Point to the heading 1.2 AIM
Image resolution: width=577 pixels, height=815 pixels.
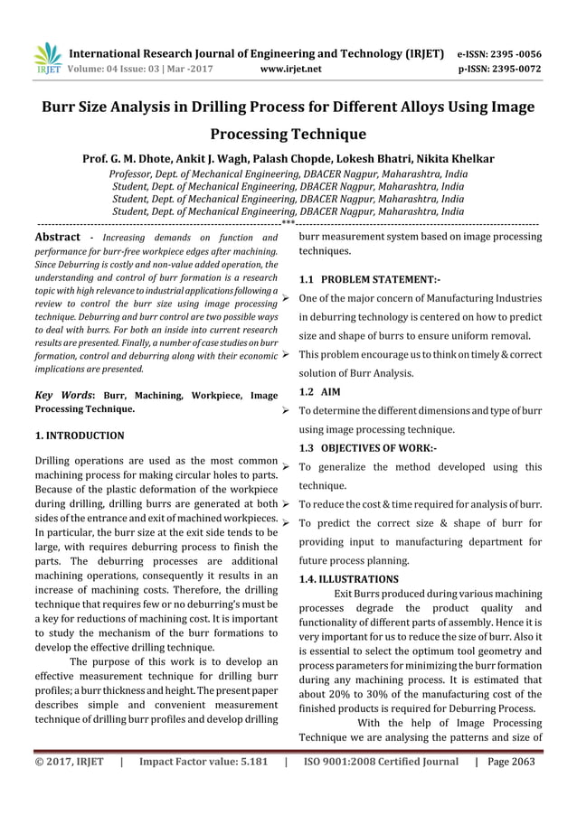coord(319,392)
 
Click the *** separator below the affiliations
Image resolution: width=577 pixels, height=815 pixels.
coord(288,222)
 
